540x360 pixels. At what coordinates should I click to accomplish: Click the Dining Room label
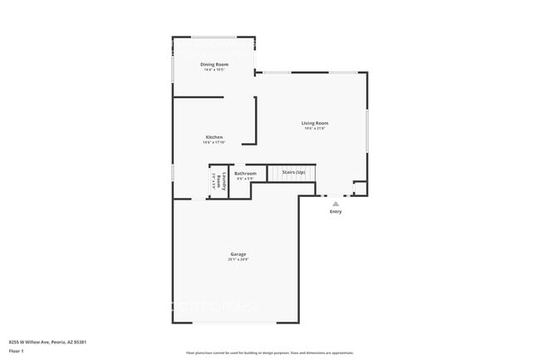coord(214,64)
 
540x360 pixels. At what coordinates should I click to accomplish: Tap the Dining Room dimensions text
coord(214,70)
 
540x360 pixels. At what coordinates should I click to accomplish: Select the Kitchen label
coord(214,136)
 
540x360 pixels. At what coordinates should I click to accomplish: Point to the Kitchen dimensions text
coord(214,142)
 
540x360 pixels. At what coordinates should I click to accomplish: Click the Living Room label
coord(315,123)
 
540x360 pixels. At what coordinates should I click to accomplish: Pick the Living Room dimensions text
coord(315,129)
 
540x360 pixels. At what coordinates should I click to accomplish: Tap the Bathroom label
coord(245,173)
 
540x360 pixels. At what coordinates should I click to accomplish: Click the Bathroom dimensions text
coord(245,179)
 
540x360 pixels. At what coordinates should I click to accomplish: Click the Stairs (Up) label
coord(293,172)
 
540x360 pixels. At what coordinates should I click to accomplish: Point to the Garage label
coord(238,254)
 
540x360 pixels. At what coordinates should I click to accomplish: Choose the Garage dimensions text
coord(238,259)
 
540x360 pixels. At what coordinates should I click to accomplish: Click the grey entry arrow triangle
coord(336,203)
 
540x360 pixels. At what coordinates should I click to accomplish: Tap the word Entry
coord(336,212)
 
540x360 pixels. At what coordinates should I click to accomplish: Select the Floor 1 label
coord(17,351)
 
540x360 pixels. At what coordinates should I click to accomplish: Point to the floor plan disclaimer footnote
coord(269,353)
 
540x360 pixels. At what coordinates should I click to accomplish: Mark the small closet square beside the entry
coord(360,189)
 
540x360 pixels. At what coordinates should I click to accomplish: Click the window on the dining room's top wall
coord(214,37)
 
